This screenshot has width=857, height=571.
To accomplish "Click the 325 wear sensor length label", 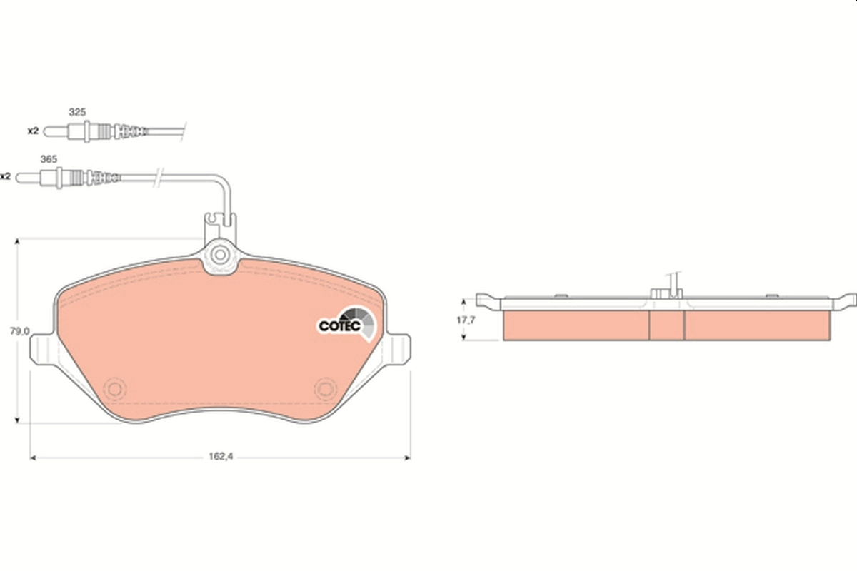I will click(76, 112).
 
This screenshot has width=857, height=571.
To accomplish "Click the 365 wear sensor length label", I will click(48, 159).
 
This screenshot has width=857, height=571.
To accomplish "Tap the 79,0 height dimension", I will click(19, 331).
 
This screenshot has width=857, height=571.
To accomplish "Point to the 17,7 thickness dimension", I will click(466, 320).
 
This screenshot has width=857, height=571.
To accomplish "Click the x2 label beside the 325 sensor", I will click(32, 131).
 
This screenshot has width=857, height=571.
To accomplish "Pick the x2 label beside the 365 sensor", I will click(6, 176).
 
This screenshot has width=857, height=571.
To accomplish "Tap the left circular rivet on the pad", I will click(114, 388).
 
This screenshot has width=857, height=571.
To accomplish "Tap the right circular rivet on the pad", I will click(326, 388).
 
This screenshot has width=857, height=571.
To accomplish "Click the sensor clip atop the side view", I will click(666, 289).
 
